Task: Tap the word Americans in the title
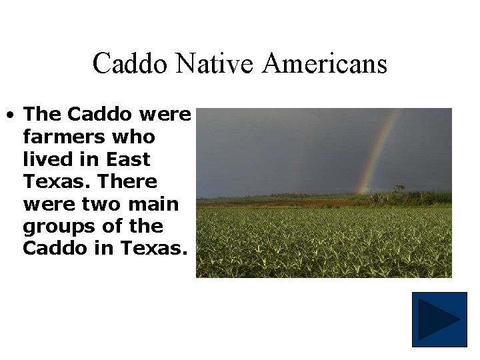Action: coord(325,64)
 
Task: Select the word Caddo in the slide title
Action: coord(132,64)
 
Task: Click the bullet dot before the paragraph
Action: coord(11,115)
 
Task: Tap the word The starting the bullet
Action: coord(42,115)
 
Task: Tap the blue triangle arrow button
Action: coord(439,319)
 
